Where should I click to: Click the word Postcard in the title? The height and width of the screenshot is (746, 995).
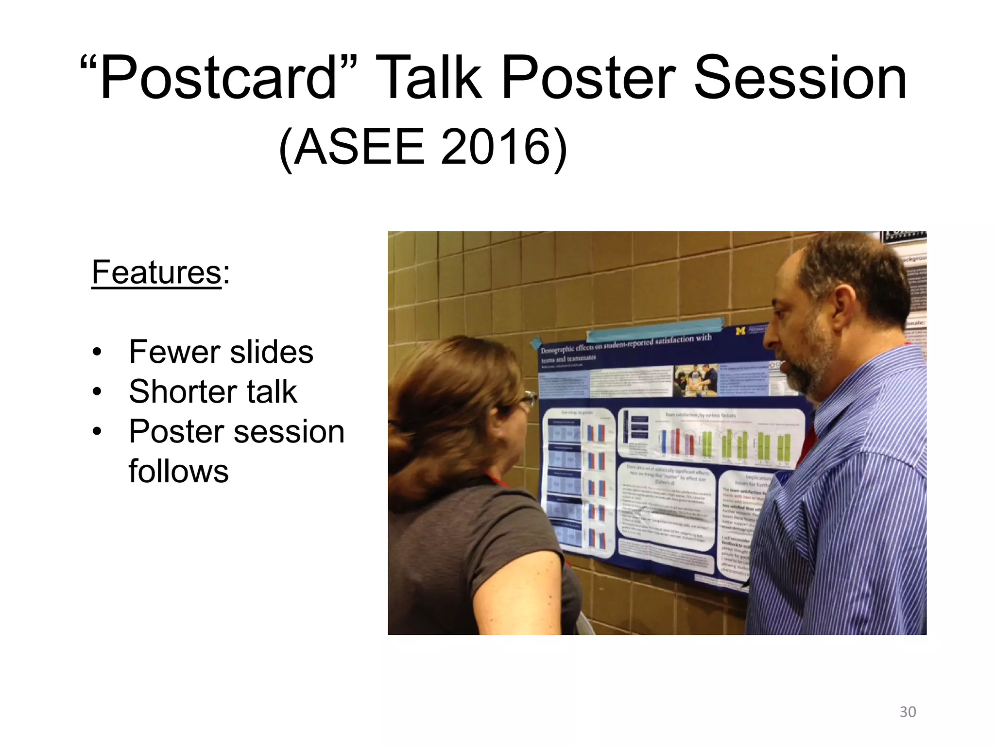(x=219, y=78)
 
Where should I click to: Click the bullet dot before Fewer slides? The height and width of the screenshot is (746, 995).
(x=98, y=352)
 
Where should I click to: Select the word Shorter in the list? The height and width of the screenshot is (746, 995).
(x=180, y=391)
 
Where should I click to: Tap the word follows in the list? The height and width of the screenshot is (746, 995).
(x=178, y=471)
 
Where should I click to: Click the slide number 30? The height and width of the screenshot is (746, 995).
(x=908, y=712)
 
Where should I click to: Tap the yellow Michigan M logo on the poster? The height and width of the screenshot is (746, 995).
(x=740, y=331)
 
